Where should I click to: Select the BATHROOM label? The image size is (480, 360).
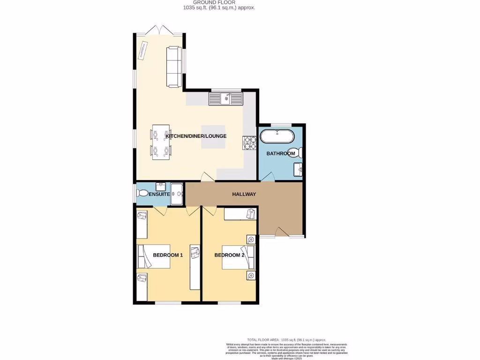tap(281, 154)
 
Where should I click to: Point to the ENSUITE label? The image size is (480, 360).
tap(159, 194)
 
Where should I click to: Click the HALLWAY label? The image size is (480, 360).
tap(244, 194)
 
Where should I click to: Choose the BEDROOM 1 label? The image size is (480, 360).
tap(168, 255)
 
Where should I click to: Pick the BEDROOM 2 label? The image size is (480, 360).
tap(229, 255)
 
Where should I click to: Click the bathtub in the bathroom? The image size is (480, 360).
tap(277, 137)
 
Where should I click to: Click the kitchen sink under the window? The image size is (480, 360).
tap(226, 98)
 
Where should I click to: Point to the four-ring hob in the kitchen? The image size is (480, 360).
tap(249, 142)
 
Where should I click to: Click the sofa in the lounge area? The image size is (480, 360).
tap(174, 67)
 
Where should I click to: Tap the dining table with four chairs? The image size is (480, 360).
tap(160, 142)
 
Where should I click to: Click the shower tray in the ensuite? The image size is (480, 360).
tap(177, 194)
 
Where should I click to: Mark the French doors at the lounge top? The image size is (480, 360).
tap(159, 30)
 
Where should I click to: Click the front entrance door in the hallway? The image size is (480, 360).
tap(281, 232)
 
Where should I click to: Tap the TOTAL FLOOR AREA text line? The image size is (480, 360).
tap(286, 339)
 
